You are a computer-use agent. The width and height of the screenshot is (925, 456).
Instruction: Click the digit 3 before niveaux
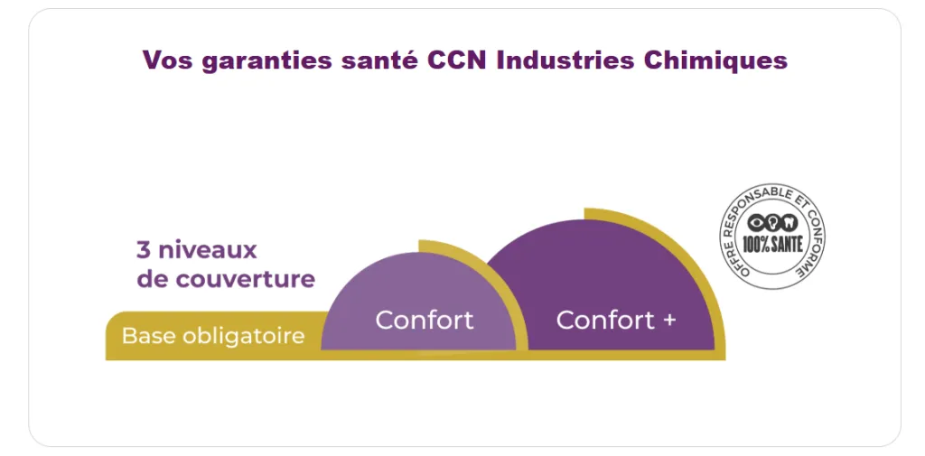pos(143,249)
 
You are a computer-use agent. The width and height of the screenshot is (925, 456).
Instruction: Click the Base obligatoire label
pos(213,336)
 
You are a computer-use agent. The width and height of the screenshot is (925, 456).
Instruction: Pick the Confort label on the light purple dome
pos(424,320)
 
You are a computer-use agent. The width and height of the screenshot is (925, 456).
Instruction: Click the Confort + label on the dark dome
pos(615,320)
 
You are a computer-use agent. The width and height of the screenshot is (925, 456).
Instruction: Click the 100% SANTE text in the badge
pos(772,244)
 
